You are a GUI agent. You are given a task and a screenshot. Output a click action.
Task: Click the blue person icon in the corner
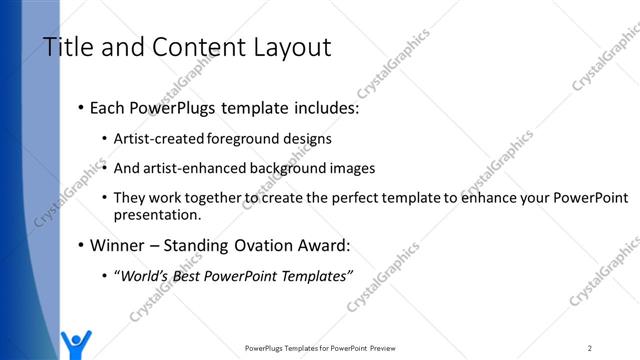point(75,343)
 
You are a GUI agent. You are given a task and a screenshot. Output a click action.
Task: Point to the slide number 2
point(590,347)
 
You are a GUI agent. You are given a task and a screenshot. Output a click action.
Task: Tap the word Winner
point(118,244)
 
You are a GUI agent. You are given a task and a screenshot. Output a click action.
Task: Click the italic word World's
point(145,275)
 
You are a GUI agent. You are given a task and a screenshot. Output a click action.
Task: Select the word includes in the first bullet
point(322,108)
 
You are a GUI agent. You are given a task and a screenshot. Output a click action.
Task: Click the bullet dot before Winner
point(81,245)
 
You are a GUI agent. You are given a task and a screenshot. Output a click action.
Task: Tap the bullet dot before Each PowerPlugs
point(81,108)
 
